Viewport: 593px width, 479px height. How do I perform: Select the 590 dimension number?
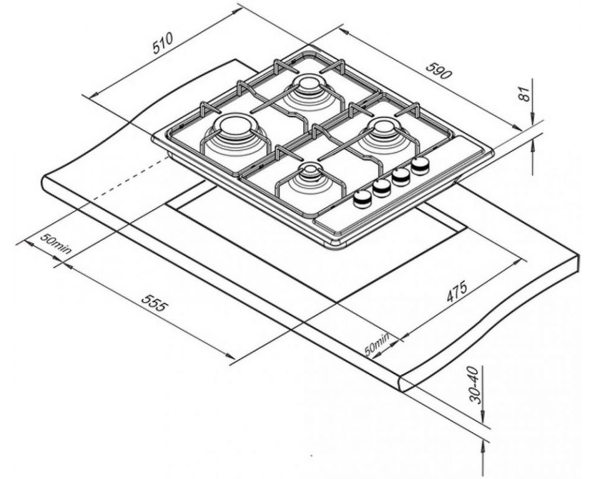[439, 70]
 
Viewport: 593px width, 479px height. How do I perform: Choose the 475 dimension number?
[456, 291]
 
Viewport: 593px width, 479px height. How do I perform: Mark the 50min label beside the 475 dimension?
[377, 344]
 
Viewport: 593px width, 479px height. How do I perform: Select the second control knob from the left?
[381, 187]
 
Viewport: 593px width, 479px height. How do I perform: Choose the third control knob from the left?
[401, 176]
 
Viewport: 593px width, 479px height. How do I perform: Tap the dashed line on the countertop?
[130, 178]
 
